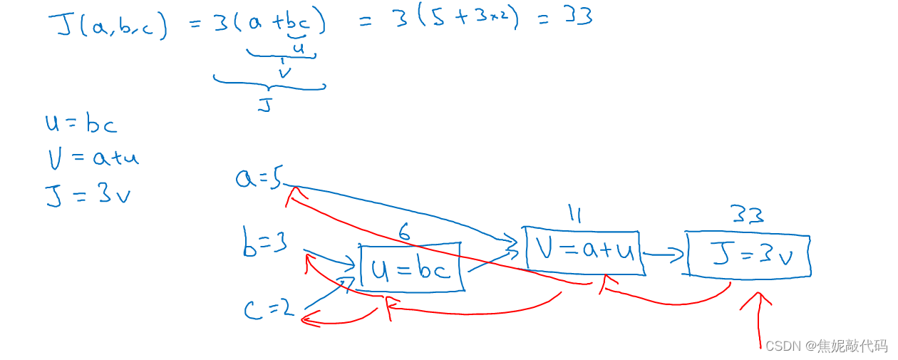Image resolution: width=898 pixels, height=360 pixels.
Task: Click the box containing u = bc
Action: tap(411, 268)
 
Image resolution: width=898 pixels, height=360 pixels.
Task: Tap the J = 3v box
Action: tap(748, 254)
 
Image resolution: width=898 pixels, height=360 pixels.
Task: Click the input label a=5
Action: tap(258, 176)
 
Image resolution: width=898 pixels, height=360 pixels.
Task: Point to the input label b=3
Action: tap(264, 244)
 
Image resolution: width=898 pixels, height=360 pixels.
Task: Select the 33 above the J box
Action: tap(746, 215)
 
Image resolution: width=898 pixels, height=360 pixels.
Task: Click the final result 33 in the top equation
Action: tap(578, 16)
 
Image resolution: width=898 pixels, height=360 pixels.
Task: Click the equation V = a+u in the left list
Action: tap(92, 157)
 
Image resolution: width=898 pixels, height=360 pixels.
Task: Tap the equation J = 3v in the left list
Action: tap(88, 194)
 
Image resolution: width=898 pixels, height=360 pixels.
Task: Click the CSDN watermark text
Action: tap(826, 346)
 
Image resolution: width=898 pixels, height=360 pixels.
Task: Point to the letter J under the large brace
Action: tap(264, 106)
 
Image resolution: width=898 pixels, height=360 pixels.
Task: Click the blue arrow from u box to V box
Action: tap(492, 257)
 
